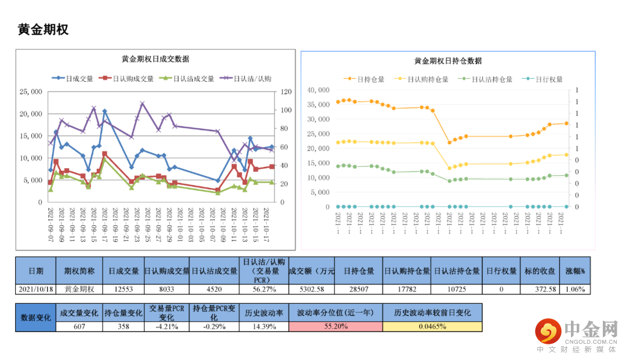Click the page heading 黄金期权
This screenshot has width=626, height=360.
43,30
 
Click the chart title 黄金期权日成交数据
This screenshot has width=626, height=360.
155,59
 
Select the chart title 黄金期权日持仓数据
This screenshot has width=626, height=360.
448,61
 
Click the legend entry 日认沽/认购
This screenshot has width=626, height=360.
252,79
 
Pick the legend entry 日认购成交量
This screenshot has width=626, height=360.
133,79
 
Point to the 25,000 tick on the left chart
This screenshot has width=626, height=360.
30,92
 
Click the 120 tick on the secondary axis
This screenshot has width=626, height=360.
286,92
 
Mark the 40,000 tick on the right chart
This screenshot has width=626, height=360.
318,90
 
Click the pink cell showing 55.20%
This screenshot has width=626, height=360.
336,326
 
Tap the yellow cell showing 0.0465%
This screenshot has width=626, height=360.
432,326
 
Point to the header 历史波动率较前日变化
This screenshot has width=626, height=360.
432,312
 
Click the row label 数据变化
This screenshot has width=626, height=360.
36,318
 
